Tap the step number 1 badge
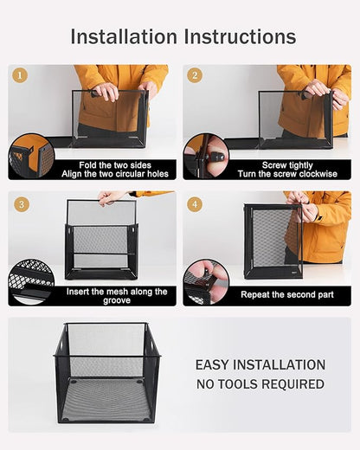pyautogui.click(x=21, y=75)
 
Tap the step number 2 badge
pyautogui.click(x=196, y=75)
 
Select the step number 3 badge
pyautogui.click(x=21, y=204)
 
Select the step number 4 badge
pyautogui.click(x=196, y=204)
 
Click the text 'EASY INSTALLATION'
pyautogui.click(x=260, y=365)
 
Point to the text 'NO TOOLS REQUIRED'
pyautogui.click(x=260, y=383)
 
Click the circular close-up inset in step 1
pyautogui.click(x=31, y=157)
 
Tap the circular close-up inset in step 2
pyautogui.click(x=206, y=157)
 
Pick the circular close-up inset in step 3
pyautogui.click(x=31, y=282)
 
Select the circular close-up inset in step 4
pyautogui.click(x=206, y=282)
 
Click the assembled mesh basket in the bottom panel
pyautogui.click(x=107, y=373)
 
